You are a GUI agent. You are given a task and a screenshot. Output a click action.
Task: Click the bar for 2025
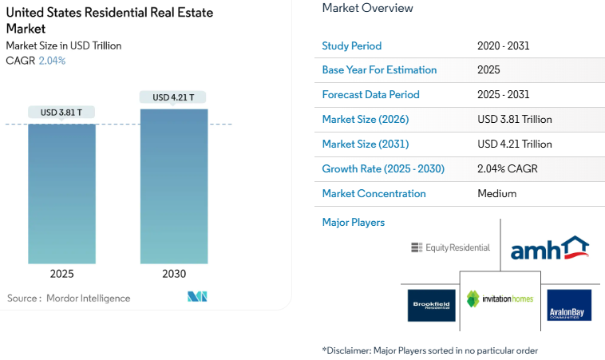click(x=61, y=193)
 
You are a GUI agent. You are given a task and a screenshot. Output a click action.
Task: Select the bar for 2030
click(x=174, y=186)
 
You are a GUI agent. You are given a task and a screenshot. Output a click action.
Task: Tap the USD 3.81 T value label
click(x=61, y=113)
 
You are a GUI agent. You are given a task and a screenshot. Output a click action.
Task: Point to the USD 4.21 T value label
click(x=173, y=97)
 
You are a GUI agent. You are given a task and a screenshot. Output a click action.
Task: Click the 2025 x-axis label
click(x=61, y=274)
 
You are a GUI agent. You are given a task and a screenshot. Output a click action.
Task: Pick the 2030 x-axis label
click(x=173, y=274)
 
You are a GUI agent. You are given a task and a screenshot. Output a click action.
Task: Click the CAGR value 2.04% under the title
click(x=52, y=61)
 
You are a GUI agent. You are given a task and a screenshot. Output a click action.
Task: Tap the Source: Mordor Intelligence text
click(x=69, y=298)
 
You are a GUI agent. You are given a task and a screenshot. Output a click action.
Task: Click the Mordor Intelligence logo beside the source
click(x=197, y=297)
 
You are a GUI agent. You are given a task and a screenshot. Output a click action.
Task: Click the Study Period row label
click(x=351, y=45)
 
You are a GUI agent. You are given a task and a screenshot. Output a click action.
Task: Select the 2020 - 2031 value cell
click(x=503, y=45)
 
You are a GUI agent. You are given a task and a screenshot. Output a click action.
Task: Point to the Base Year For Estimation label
click(x=379, y=70)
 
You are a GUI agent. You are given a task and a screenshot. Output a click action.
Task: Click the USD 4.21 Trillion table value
click(x=514, y=144)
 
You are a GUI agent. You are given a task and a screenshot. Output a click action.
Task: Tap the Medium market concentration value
click(x=496, y=194)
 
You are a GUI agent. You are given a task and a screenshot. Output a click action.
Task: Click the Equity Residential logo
click(x=450, y=247)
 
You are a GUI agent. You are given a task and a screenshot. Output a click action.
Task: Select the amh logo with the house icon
click(x=549, y=248)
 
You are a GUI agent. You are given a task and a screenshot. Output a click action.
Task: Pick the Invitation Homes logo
click(x=500, y=300)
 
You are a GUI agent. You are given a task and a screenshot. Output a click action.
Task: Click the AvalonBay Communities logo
click(x=568, y=305)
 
